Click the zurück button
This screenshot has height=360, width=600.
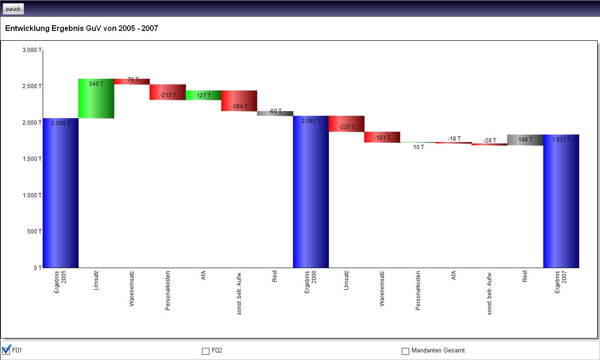coord(13,9)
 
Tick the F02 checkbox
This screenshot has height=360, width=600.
coord(205,351)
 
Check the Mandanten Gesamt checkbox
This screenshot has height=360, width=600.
coord(405,351)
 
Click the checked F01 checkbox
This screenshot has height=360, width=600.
coord(6,351)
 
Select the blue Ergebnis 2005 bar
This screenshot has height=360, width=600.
coord(60,193)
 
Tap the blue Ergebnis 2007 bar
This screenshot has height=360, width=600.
coord(561,201)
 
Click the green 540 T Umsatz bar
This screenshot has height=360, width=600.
coord(96,98)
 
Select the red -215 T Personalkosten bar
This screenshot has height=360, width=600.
coord(168,92)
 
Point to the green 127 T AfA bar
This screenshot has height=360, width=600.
coord(203,95)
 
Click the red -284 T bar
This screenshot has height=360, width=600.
coord(239,101)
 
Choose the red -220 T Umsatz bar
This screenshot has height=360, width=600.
coord(346,124)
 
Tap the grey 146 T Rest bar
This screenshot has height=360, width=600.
coord(525,140)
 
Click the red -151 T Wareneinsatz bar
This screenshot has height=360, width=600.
coord(382,137)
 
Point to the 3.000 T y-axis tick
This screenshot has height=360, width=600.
coord(32,50)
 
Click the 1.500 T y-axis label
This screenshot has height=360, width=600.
coord(32,159)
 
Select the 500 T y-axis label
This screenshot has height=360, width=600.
coord(34,232)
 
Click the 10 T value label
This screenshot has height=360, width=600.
coord(419,147)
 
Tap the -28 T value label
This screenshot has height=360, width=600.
coord(490,141)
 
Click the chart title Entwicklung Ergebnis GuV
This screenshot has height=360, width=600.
coord(82,29)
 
